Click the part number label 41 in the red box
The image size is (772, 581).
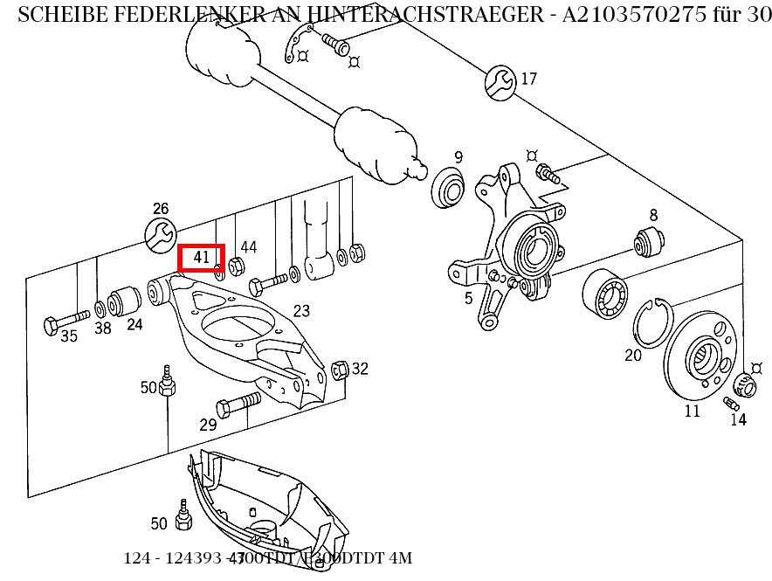202,258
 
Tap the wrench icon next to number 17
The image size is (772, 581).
500,81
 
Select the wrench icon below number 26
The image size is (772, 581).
160,235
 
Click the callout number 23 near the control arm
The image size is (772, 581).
301,311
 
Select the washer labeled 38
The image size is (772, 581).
102,308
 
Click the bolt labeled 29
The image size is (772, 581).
237,404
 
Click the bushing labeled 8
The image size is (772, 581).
650,239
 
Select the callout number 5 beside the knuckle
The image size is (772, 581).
468,299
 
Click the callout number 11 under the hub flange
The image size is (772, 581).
692,411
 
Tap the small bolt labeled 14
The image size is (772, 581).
732,403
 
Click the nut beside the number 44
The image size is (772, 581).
235,266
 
